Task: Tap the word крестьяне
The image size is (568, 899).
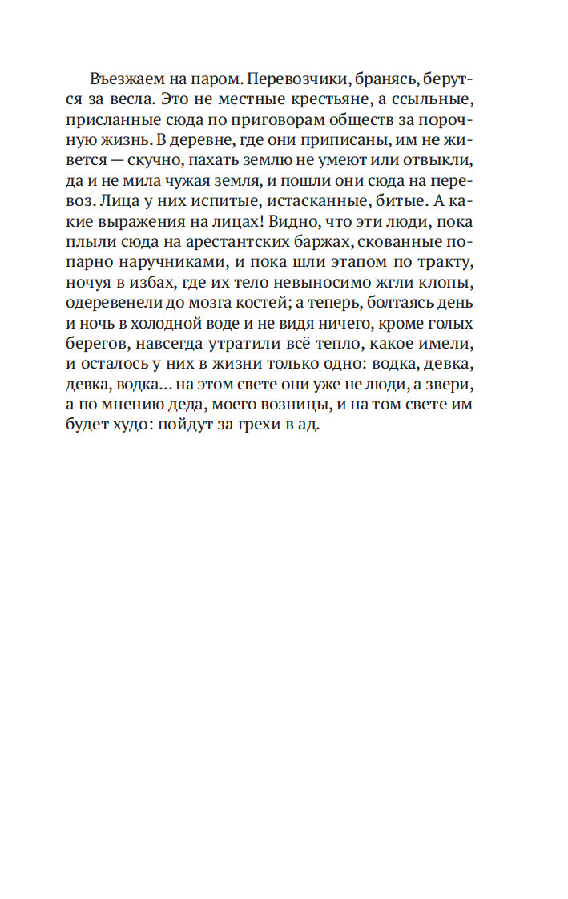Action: coord(304,102)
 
